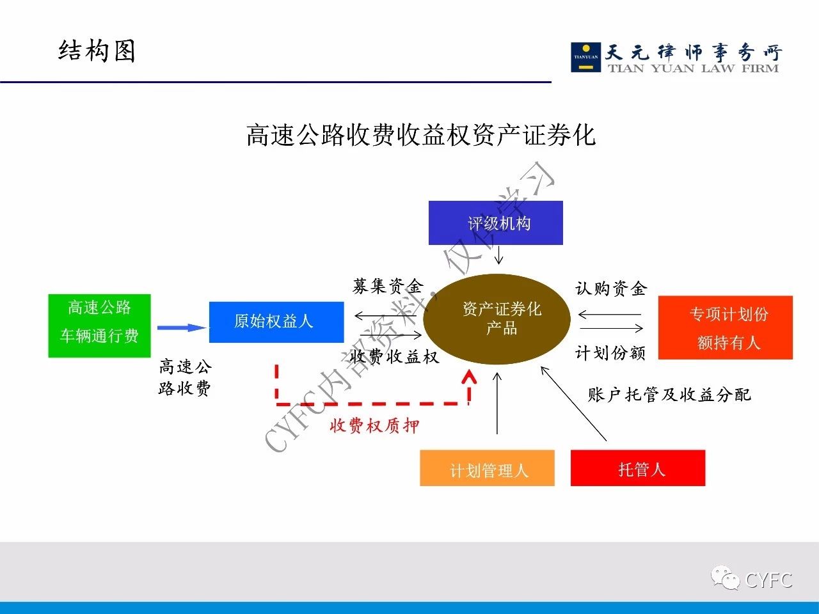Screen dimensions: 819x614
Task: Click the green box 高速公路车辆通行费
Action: point(100,326)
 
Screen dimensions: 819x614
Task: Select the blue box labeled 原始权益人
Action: point(276,322)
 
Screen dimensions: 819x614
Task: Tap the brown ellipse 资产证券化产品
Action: point(497,319)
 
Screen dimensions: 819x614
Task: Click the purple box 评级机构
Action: point(495,223)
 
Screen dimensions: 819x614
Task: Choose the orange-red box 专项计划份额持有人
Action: point(726,327)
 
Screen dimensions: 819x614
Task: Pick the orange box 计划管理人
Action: point(488,468)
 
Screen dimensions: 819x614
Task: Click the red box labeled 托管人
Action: point(638,468)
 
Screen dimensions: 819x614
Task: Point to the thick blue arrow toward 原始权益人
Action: point(182,327)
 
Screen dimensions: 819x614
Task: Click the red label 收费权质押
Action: point(374,425)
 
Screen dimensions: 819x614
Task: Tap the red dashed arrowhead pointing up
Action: point(469,377)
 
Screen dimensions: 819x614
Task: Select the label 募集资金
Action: point(388,287)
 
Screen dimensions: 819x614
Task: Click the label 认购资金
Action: point(611,288)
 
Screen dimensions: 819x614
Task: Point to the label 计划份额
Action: point(610,352)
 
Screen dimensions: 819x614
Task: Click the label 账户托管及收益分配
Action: point(669,395)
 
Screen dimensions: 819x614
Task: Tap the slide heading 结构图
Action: point(97,51)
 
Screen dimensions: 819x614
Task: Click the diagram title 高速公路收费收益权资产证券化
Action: point(420,135)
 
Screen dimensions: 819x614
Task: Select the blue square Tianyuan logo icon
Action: point(586,58)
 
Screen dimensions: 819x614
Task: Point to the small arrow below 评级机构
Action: point(499,255)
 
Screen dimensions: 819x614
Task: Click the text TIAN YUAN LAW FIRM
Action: point(693,68)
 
